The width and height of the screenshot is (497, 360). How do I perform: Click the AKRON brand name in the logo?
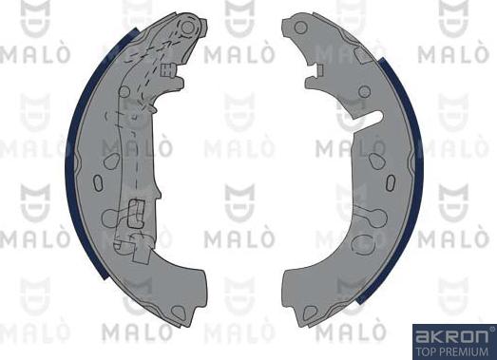pyautogui.click(x=453, y=335)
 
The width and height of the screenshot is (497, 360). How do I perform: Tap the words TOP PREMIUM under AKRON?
pyautogui.click(x=453, y=350)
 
